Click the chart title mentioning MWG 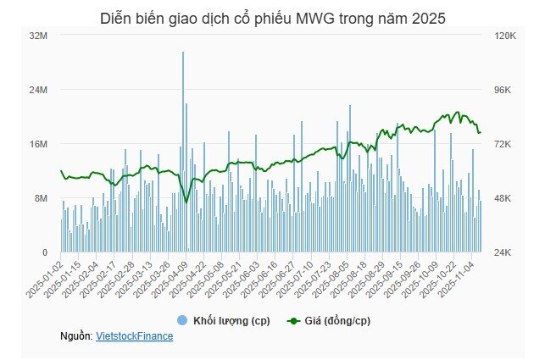(272, 17)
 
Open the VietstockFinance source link (135, 336)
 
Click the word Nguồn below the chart (75, 336)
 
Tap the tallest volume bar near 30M (183, 53)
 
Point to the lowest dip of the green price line (186, 202)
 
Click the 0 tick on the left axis (45, 252)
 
